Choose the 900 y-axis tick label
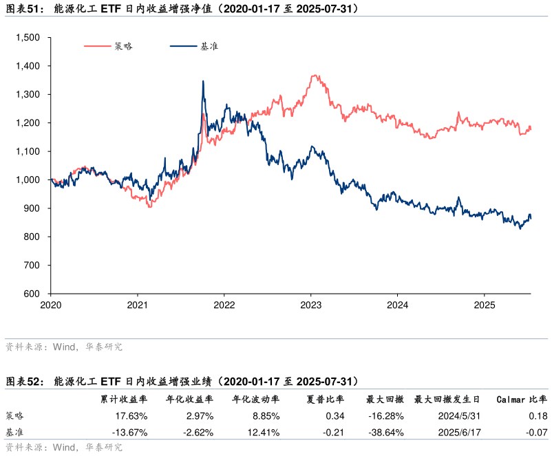[32, 208]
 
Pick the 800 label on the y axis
[32, 237]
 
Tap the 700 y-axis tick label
[32, 265]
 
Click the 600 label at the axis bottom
[32, 294]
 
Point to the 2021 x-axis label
[138, 304]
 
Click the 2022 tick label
[224, 304]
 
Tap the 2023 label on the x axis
[311, 304]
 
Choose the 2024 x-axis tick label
[398, 304]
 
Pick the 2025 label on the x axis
[485, 304]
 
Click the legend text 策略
[124, 47]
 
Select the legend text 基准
[209, 47]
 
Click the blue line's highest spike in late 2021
[202, 81]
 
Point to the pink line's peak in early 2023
[315, 76]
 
